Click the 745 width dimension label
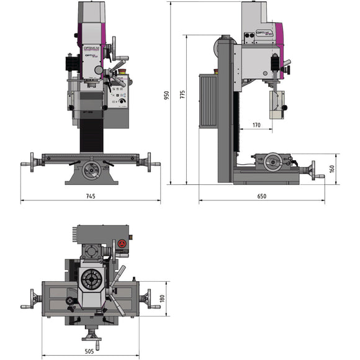pos(90,196)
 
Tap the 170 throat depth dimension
pos(256,125)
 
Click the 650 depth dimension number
pos(261,196)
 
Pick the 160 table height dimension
pos(332,168)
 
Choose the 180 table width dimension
pos(163,299)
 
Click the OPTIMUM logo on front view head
pos(91,47)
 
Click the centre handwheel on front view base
pos(91,169)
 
